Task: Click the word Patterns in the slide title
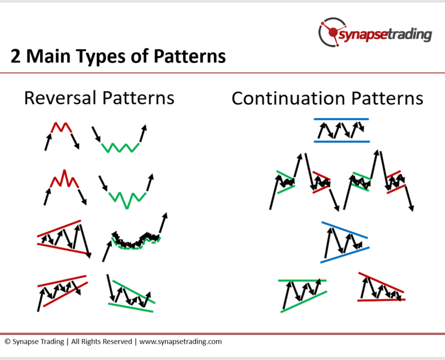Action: click(190, 56)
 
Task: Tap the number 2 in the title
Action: click(15, 56)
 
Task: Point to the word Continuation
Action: click(289, 99)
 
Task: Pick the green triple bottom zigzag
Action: click(120, 148)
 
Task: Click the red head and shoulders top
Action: click(64, 179)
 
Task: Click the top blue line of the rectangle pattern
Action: click(341, 119)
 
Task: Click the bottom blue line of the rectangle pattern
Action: click(342, 141)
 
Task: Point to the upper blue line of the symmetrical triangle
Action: click(344, 230)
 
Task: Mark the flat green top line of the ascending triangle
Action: click(302, 281)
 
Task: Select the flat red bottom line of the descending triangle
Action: click(381, 299)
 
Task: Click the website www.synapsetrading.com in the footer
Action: click(181, 342)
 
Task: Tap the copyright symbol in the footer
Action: click(8, 341)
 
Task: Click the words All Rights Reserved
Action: click(102, 341)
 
